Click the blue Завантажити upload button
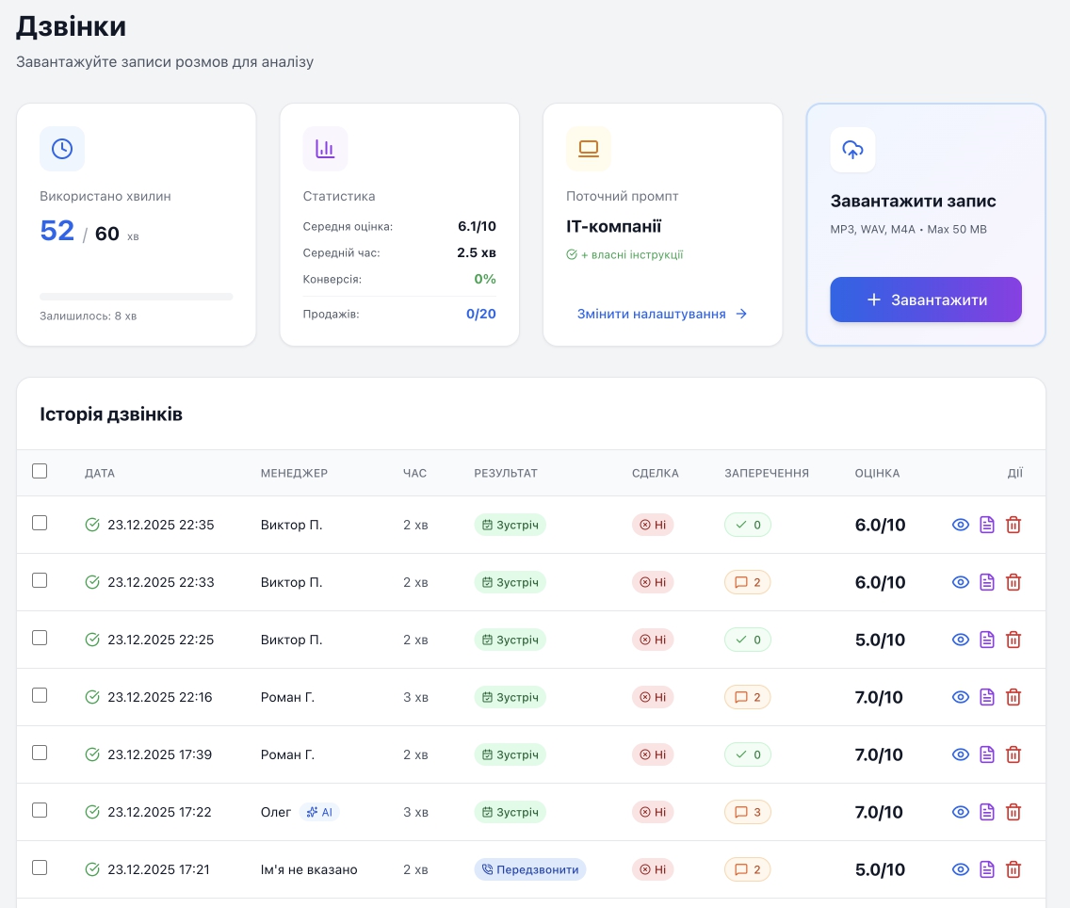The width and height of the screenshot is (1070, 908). pyautogui.click(x=925, y=300)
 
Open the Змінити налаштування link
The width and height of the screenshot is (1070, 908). pyautogui.click(x=662, y=314)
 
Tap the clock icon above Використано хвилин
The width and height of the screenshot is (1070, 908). pyautogui.click(x=62, y=149)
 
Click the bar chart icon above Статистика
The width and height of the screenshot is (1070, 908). pyautogui.click(x=325, y=149)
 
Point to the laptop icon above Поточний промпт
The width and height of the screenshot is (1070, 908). pyautogui.click(x=589, y=149)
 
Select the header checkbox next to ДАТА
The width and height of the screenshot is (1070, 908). pyautogui.click(x=40, y=471)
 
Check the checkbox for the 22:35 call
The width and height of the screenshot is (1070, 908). pyautogui.click(x=40, y=523)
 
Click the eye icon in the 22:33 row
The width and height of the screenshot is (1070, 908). pyautogui.click(x=960, y=582)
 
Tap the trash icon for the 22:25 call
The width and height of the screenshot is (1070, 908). pyautogui.click(x=1013, y=640)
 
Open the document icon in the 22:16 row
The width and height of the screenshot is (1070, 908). pyautogui.click(x=987, y=696)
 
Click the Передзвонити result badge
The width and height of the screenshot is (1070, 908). pyautogui.click(x=530, y=869)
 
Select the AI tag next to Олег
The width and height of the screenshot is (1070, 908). pyautogui.click(x=319, y=812)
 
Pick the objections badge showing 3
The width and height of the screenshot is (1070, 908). pyautogui.click(x=747, y=812)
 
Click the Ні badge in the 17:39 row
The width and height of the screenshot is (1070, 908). pyautogui.click(x=653, y=754)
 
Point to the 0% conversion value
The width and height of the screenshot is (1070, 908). pyautogui.click(x=485, y=279)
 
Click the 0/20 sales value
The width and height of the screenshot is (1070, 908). pyautogui.click(x=481, y=314)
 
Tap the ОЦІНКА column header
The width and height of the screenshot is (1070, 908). pyautogui.click(x=877, y=473)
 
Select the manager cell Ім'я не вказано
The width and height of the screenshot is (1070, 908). pyautogui.click(x=309, y=869)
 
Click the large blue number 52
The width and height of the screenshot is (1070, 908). pyautogui.click(x=57, y=231)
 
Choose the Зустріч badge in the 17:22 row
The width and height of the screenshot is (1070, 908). pyautogui.click(x=510, y=812)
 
